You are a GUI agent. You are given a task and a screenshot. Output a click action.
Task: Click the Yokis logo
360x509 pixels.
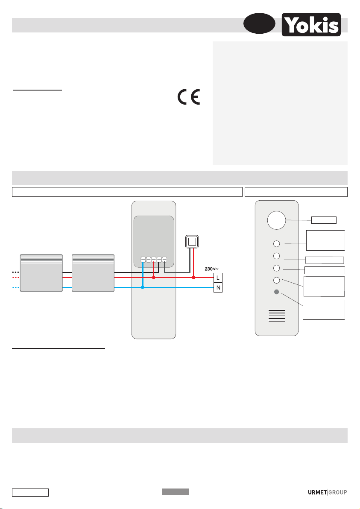coord(311,25)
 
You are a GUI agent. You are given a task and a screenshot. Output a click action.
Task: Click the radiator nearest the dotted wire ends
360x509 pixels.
coord(41,273)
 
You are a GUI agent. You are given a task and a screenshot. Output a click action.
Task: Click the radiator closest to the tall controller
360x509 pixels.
coord(93,273)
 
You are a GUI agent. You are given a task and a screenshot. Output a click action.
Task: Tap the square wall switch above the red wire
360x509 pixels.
coord(192,242)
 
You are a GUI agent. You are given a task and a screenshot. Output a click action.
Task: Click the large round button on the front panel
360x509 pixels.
coord(276,220)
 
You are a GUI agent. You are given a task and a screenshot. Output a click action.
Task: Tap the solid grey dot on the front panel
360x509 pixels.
coord(276,293)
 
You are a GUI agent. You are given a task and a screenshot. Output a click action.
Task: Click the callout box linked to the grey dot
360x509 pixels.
coord(324,310)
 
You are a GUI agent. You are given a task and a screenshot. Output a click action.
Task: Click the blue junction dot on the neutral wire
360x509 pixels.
coord(143,288)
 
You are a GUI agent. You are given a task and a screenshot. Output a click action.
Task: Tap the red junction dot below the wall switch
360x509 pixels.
coord(193,278)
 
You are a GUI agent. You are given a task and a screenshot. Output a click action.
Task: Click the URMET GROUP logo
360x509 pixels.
coord(327,492)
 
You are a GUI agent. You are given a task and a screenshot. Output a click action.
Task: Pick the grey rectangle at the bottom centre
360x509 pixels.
coord(175,492)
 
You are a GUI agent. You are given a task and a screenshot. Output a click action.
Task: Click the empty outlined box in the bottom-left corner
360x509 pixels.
coord(30,493)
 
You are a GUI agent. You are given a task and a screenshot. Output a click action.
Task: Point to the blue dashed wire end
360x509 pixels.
coord(16,288)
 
